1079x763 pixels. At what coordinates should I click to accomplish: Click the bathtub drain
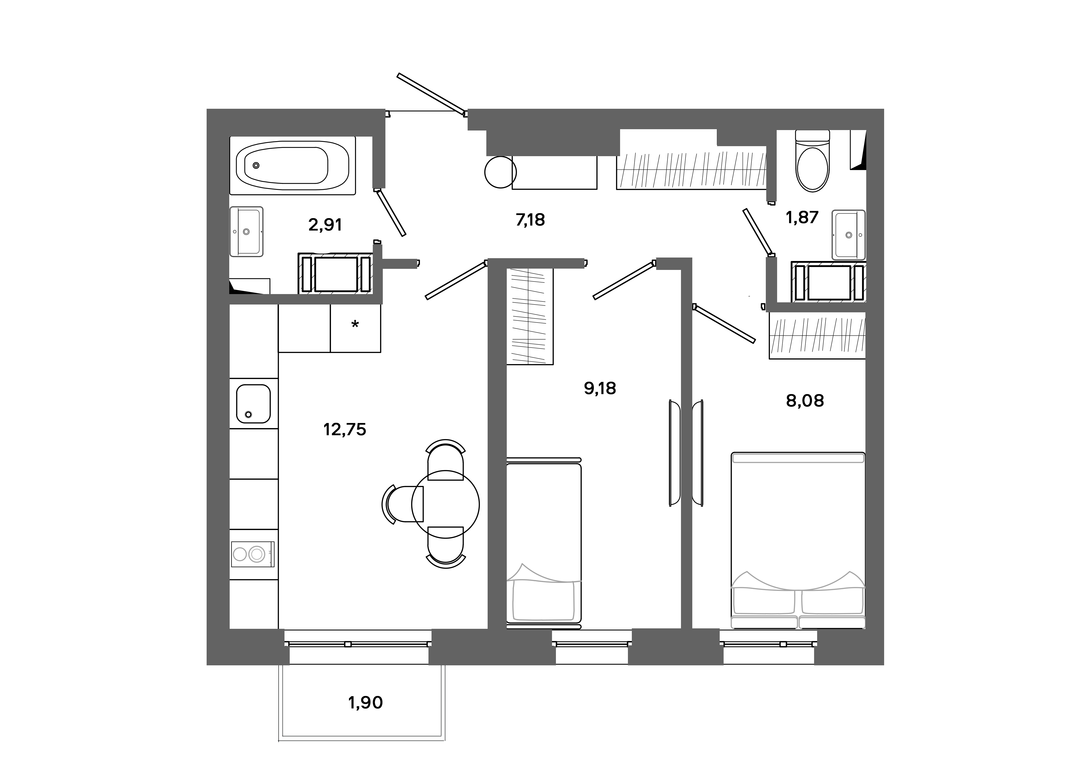click(x=256, y=165)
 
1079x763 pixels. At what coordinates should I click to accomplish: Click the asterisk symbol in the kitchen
click(x=355, y=324)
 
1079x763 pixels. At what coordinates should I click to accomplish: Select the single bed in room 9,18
click(x=544, y=543)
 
